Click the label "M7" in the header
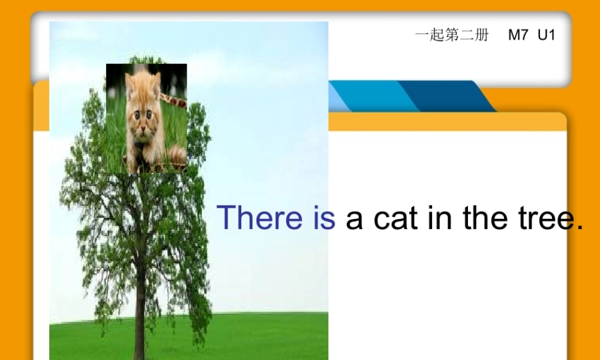click(x=518, y=35)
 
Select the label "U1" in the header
click(x=546, y=35)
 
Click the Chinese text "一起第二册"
click(x=452, y=35)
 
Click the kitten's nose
click(x=142, y=122)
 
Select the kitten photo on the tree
click(x=146, y=118)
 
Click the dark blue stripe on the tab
click(x=444, y=96)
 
